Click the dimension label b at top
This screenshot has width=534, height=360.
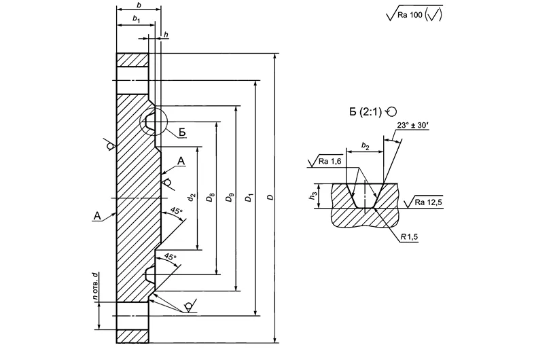[x=138, y=5]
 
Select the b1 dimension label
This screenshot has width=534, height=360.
[x=136, y=21]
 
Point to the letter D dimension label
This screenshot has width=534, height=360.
[x=270, y=198]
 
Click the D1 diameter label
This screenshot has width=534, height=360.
[x=251, y=198]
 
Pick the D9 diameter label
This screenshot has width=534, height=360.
[x=231, y=198]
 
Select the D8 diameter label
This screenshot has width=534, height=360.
[x=212, y=198]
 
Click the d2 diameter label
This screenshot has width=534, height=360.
[x=192, y=198]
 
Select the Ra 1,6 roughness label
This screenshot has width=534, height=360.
[x=331, y=161]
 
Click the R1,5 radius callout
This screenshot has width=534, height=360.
[x=409, y=237]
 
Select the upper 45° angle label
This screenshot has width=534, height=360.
[x=177, y=212]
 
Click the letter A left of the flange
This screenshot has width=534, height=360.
[x=98, y=216]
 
